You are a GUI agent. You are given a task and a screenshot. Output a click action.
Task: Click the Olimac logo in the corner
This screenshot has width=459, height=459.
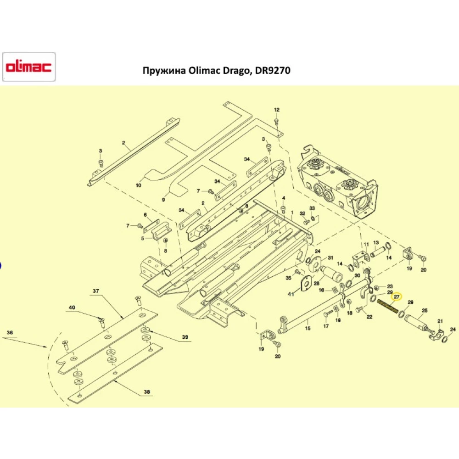(28, 67)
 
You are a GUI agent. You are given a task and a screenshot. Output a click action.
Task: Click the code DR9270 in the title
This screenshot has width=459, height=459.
(274, 71)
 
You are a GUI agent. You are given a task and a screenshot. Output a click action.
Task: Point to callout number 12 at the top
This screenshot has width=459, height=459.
(276, 110)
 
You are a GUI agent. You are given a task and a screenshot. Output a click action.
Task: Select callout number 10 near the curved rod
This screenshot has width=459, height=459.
(139, 185)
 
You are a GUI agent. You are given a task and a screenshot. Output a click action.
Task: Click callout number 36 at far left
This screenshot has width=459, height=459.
(10, 333)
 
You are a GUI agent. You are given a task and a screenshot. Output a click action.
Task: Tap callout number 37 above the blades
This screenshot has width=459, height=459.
(96, 291)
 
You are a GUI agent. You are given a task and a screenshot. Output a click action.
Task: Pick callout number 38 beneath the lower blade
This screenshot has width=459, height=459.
(147, 392)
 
